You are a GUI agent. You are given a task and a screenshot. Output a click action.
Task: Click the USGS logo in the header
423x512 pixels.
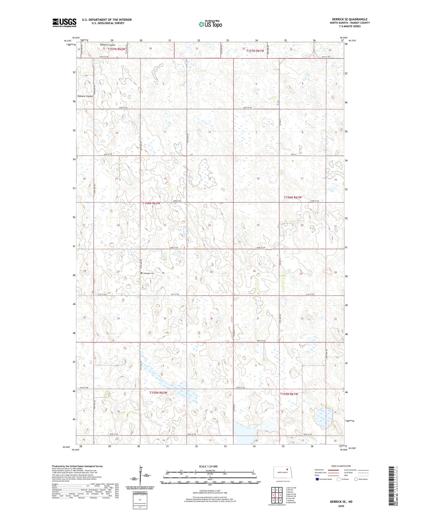coord(64,23)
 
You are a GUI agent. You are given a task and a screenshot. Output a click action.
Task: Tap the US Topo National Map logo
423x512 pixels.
coord(210,24)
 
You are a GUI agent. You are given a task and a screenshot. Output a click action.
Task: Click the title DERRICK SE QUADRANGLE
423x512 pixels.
coord(350,19)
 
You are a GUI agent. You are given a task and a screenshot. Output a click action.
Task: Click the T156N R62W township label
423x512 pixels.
coord(151,203)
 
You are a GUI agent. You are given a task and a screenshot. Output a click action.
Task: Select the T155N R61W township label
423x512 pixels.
coord(289,394)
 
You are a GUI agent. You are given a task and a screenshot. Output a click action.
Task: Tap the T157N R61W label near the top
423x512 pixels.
coord(255,51)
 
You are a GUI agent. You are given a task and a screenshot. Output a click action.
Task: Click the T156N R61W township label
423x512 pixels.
coord(292,197)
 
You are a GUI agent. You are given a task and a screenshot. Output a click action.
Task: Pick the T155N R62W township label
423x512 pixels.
coord(158,393)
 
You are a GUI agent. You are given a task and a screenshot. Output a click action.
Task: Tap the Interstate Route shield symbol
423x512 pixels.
coord(317,479)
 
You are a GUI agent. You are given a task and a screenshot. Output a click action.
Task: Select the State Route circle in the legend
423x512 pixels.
coord(356,479)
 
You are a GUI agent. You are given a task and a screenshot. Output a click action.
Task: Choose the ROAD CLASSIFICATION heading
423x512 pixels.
coord(341,466)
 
